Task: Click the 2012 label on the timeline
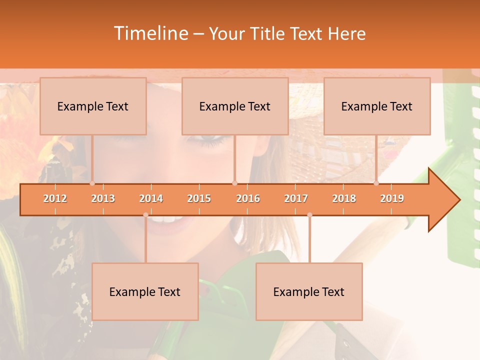55,198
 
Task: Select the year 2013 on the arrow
103,198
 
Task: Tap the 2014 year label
151,198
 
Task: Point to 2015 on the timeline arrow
199,198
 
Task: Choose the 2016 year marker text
248,198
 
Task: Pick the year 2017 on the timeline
296,198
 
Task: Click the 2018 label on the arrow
344,198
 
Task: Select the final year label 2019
392,198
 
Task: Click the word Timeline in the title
150,33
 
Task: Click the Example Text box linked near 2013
93,106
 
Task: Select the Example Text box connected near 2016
235,106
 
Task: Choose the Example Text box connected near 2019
377,106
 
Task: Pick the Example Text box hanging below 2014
145,292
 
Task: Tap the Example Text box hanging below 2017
309,292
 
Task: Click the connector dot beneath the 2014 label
145,215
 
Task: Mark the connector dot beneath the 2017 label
309,215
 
